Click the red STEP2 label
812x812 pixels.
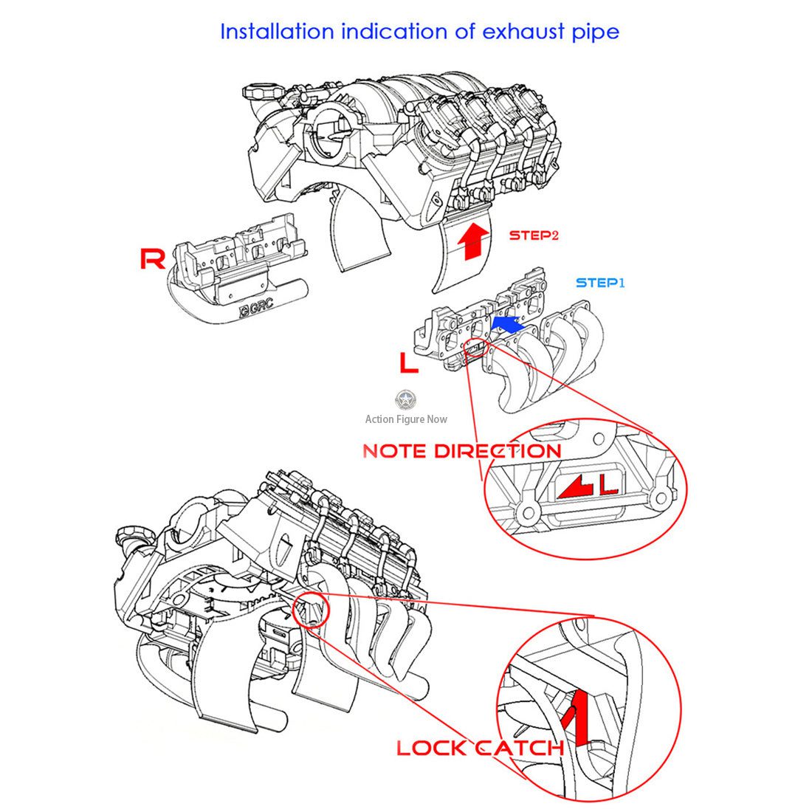point(534,235)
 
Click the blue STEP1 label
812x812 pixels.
point(600,283)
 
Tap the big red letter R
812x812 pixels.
point(152,258)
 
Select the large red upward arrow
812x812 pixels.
point(472,241)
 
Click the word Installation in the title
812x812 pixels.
point(277,32)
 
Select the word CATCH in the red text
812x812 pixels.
point(520,748)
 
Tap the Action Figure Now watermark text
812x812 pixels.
point(406,419)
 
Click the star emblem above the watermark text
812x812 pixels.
point(405,400)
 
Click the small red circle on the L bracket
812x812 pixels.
point(475,348)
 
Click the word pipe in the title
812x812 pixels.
point(596,32)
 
